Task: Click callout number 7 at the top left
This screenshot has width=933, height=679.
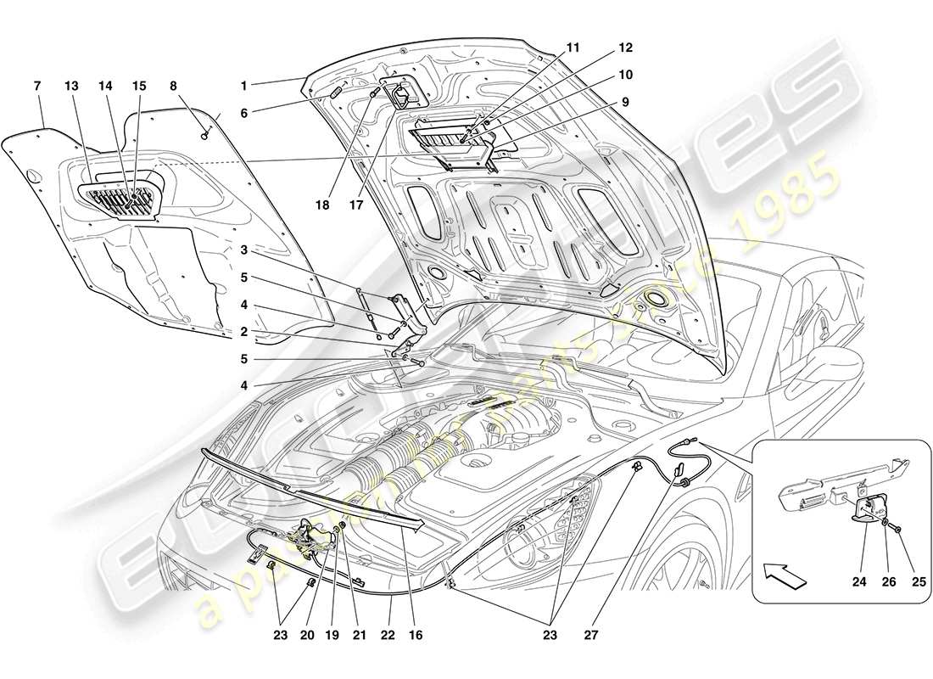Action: tap(36, 86)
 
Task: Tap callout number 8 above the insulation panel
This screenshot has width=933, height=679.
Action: tap(173, 86)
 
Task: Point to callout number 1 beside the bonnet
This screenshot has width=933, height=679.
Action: tap(243, 86)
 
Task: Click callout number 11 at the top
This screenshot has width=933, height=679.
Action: tap(573, 48)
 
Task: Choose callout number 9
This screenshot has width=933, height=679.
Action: tap(624, 102)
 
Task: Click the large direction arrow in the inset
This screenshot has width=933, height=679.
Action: tap(784, 575)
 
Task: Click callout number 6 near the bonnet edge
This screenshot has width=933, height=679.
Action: tap(243, 112)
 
